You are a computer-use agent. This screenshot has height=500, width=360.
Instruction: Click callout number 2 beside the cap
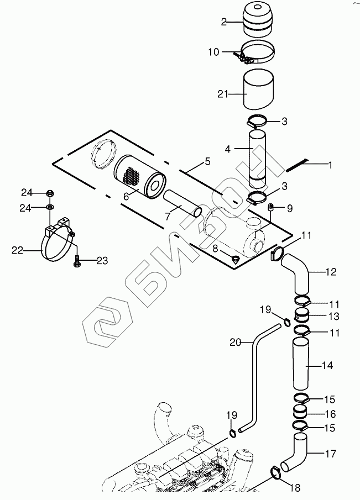tap(224, 22)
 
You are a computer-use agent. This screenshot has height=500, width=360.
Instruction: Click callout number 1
tap(330, 164)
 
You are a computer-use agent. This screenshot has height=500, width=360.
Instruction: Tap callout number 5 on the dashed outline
tap(207, 162)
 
